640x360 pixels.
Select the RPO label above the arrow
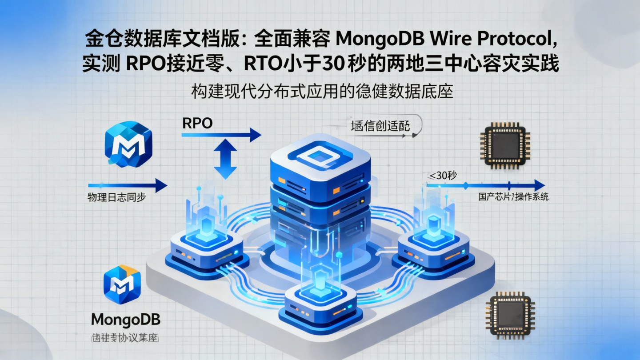[x=197, y=124]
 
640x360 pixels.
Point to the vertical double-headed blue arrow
[x=226, y=159]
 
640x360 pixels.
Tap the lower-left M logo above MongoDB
[x=122, y=284]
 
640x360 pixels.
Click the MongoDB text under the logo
[x=126, y=319]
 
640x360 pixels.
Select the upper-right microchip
[x=505, y=145]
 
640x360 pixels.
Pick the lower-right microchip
[x=509, y=315]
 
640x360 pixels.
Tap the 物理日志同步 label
[x=117, y=198]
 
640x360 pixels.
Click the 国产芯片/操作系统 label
[x=513, y=197]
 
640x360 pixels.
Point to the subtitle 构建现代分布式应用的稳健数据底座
[x=322, y=92]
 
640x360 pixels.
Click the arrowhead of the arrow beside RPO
[x=254, y=135]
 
